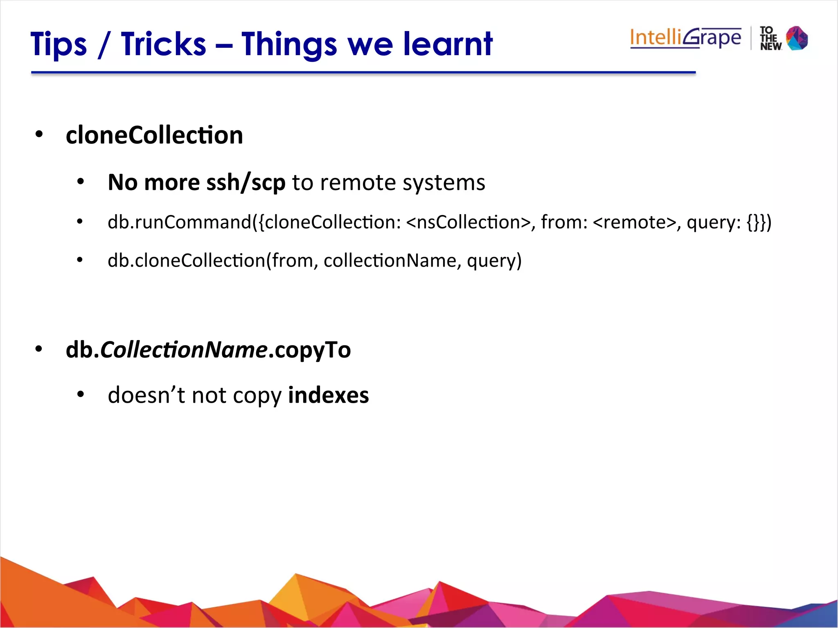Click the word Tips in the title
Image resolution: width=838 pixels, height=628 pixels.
tap(59, 44)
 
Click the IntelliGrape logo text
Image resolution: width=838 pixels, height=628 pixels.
tap(685, 38)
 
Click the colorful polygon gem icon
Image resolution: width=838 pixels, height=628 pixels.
tap(797, 38)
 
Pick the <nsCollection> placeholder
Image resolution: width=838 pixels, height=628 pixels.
tap(468, 222)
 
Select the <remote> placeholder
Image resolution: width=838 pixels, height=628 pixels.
tap(634, 222)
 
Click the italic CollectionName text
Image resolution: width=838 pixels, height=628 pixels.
tap(184, 350)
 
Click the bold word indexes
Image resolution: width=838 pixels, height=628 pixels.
tap(328, 395)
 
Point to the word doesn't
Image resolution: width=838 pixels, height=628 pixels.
tap(146, 395)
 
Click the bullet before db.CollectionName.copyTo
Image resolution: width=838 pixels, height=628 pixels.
tap(39, 349)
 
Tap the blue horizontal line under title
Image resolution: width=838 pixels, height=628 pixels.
tap(363, 73)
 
